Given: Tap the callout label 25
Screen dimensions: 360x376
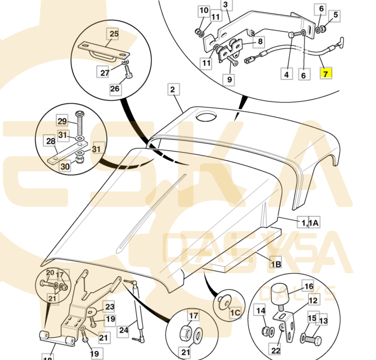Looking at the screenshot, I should [114, 34].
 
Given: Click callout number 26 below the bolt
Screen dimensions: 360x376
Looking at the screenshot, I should [115, 88].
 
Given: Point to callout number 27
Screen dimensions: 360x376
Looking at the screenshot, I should [105, 72].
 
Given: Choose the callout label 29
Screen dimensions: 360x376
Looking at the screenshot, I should [62, 121].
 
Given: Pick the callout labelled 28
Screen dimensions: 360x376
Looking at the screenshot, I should [50, 141].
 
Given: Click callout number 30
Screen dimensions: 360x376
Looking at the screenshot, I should [65, 167].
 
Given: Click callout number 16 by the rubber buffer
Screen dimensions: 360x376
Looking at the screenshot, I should [308, 286].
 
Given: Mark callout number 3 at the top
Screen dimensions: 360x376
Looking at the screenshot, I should [226, 6].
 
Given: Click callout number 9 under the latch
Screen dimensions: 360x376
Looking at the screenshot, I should [229, 79].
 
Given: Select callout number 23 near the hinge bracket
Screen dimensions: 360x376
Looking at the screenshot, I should [109, 307].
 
